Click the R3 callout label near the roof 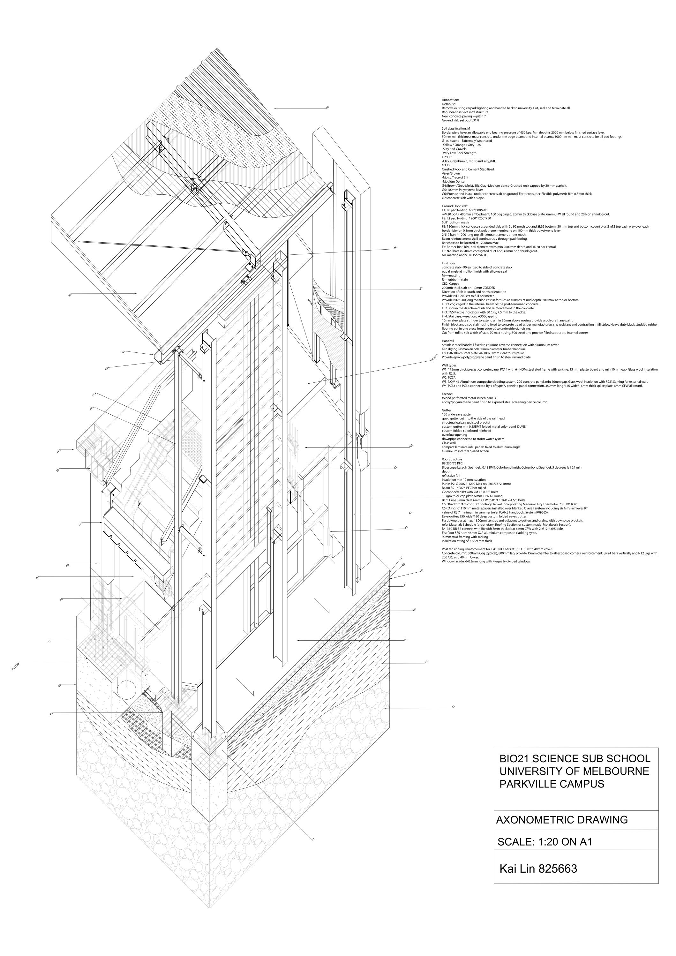327,108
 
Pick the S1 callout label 410,513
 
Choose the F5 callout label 406,528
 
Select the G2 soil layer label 427,662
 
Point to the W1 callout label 37,577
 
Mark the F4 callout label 61,599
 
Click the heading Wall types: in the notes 450,365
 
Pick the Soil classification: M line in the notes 456,128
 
